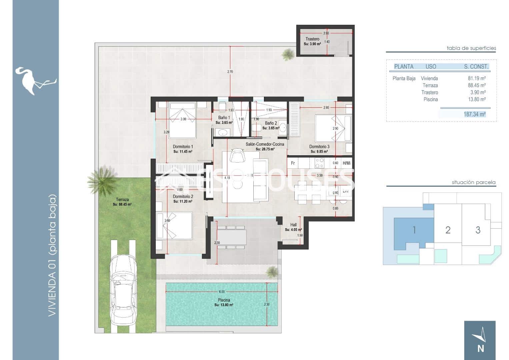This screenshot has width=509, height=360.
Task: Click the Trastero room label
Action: pos(312,39)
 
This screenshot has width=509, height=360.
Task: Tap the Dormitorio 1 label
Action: pos(183,147)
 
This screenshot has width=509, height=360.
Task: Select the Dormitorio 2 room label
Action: pos(183,197)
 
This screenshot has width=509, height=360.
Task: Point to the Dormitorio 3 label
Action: pos(319,147)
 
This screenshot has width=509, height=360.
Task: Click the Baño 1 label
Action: pos(224,118)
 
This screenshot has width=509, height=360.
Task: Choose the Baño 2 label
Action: pos(271,123)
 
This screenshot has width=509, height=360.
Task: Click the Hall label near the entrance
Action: pos(293,225)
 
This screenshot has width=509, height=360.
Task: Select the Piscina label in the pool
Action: pos(224,300)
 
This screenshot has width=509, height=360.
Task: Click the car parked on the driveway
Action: pos(123,290)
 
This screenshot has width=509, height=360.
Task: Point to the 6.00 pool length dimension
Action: pos(222,292)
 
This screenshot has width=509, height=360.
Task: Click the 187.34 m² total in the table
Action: pos(474,114)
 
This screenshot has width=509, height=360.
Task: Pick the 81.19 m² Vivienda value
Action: pos(477,79)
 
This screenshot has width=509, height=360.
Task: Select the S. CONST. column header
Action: pos(476,67)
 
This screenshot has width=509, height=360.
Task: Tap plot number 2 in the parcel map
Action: pos(448,230)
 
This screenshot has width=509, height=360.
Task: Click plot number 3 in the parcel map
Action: pos(478,230)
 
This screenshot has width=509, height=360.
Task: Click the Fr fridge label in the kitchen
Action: pos(293,163)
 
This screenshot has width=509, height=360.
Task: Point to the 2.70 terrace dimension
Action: pos(230,72)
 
